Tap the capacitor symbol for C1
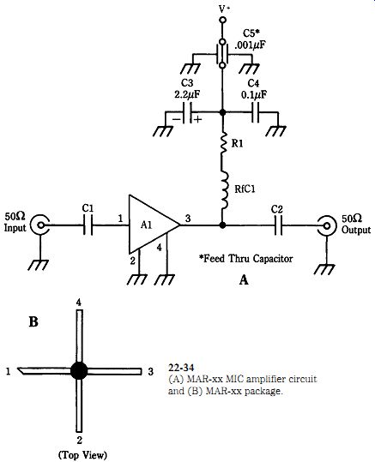pos(88,225)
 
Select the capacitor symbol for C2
pos(278,225)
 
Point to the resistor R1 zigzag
pos(223,143)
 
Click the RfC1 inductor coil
pos(225,190)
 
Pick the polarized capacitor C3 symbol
pos(188,112)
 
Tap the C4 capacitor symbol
pos(256,112)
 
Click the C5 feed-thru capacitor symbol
pos(223,55)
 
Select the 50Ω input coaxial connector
pos(39,225)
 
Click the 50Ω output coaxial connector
pos(326,225)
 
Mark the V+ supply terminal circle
pos(223,20)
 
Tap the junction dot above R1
pos(223,112)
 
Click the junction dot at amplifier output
pos(223,225)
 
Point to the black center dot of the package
pos(79,370)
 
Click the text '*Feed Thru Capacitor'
pos(246,259)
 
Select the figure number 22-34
pos(181,368)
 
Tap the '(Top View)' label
pos(82,455)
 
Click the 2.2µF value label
pos(187,94)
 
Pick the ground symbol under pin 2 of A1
pos(137,279)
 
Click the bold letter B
pos(33,321)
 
